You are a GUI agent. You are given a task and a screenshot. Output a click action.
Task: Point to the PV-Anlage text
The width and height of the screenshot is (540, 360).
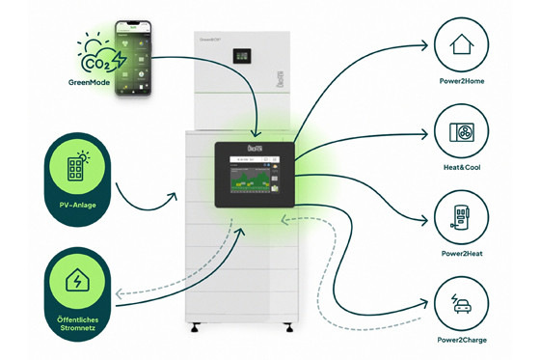click(73, 205)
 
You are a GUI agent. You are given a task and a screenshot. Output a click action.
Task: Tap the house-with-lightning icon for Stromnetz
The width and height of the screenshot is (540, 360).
click(73, 281)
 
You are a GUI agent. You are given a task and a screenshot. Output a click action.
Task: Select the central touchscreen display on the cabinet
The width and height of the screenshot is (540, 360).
click(253, 175)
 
